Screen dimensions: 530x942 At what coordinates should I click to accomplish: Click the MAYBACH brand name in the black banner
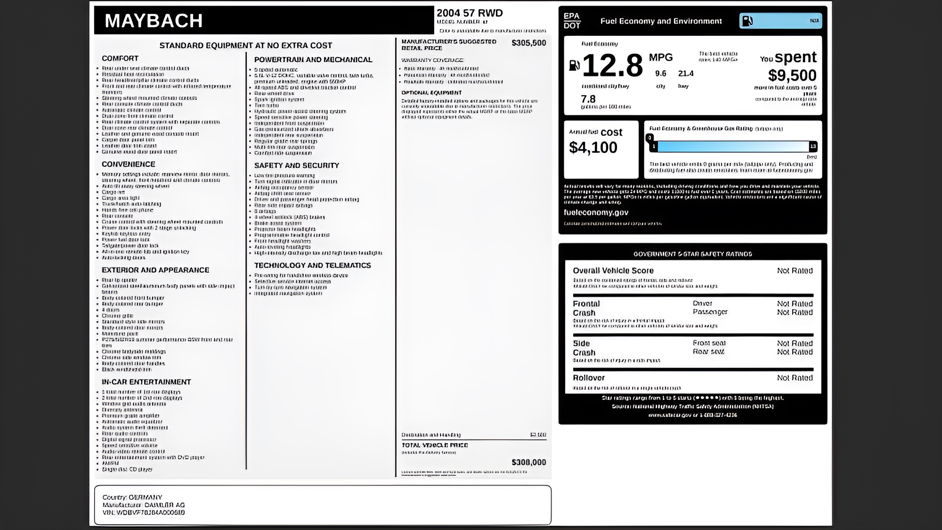[154, 21]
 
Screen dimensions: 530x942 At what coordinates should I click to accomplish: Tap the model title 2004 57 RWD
[470, 13]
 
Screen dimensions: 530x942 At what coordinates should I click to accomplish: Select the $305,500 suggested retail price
[528, 43]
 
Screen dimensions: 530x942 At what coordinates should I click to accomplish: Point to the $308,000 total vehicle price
[528, 462]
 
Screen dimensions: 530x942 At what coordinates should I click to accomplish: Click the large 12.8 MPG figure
[612, 66]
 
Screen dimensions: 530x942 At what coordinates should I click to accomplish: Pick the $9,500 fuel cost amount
[792, 75]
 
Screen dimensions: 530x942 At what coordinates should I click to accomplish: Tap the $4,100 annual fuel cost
[593, 147]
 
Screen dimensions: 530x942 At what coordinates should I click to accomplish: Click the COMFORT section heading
[120, 58]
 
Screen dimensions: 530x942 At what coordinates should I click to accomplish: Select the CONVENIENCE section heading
[128, 164]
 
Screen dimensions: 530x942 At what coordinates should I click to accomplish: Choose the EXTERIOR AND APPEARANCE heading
[155, 270]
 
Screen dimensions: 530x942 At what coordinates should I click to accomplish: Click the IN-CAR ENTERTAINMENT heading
[146, 382]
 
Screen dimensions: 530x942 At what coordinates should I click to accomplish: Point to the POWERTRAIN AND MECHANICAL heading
[313, 59]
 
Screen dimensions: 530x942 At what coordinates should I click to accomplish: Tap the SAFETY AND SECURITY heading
[297, 165]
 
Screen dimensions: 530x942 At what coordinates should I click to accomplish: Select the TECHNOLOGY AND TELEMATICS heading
[313, 265]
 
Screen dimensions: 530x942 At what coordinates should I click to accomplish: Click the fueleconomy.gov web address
[596, 212]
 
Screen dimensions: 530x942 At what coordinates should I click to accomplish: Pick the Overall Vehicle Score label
[613, 270]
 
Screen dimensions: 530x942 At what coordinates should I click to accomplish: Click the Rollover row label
[589, 378]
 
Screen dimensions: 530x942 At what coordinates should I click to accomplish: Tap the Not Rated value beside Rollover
[795, 378]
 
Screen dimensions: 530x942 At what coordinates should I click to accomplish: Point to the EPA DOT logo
[572, 21]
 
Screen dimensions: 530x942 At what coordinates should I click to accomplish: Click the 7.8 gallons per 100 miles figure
[588, 99]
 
